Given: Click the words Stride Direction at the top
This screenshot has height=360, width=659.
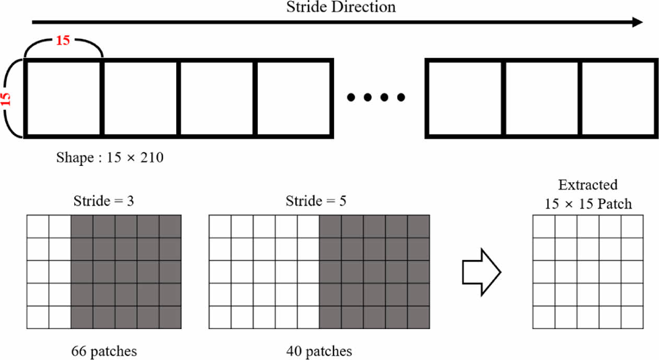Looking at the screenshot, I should [341, 7].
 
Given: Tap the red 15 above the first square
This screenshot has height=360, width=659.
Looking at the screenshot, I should [63, 40].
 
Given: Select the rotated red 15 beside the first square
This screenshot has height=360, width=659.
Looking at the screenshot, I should [7, 98].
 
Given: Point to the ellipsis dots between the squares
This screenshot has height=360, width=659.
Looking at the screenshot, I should [376, 97].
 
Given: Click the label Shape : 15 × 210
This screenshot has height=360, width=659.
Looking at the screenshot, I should [110, 157].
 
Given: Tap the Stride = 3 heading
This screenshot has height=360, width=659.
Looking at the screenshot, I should [104, 201].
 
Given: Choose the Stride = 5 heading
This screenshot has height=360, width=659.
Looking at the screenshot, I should [316, 201].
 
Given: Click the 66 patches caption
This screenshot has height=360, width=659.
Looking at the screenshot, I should [104, 351].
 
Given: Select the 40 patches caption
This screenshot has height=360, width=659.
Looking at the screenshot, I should [319, 351].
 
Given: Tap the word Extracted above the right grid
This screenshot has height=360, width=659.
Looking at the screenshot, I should [588, 185].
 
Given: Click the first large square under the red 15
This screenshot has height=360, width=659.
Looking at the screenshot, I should [62, 98].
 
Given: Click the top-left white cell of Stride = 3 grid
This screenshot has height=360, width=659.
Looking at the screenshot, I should [37, 226].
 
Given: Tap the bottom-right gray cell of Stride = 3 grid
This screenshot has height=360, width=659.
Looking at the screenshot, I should [170, 318].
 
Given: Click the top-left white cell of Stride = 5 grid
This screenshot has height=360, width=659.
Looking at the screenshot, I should [220, 226].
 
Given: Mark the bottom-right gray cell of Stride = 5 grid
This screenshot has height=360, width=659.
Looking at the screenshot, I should [418, 318].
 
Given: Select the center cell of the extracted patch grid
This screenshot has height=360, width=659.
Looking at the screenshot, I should [588, 272].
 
